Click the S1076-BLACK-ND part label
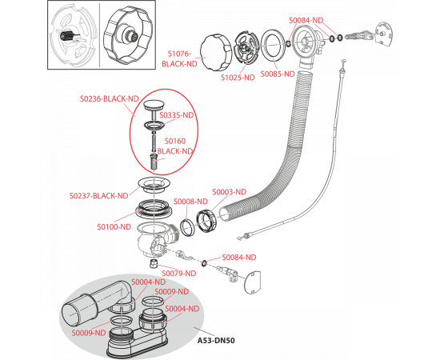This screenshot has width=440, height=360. [x=179, y=58]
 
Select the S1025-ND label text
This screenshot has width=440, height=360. [x=238, y=78]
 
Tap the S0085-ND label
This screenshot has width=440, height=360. [x=278, y=74]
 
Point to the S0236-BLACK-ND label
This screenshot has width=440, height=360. [x=110, y=98]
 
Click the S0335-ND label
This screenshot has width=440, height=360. [x=177, y=115]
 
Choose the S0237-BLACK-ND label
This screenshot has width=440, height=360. [x=98, y=195]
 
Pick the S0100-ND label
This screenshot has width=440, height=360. [x=114, y=226]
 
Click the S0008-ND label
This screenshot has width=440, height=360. [x=190, y=202]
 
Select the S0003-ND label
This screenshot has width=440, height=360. [x=230, y=192]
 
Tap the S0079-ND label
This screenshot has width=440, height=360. [x=179, y=273]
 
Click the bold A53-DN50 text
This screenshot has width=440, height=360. [x=216, y=340]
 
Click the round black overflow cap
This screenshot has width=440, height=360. [x=215, y=53]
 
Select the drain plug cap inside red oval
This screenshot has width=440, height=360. [x=154, y=106]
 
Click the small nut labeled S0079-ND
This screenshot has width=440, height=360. [x=154, y=264]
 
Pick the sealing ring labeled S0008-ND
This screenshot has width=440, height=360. [x=186, y=227]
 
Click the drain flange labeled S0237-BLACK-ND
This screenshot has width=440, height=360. [x=154, y=185]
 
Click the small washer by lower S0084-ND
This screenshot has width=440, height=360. [x=203, y=263]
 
